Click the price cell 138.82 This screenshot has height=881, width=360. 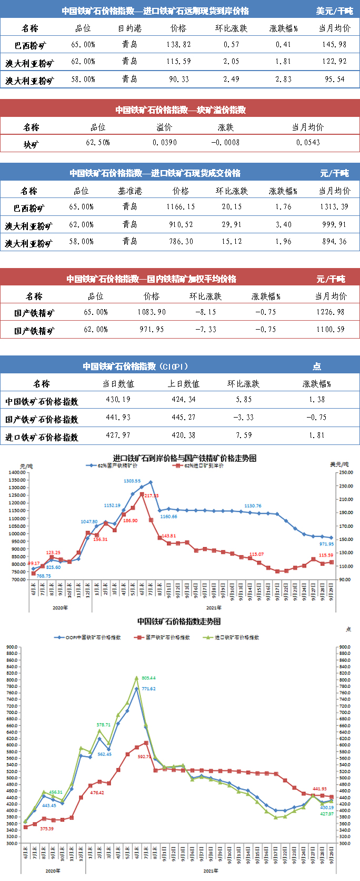[x=178, y=45]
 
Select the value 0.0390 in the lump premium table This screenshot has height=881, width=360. [x=165, y=142]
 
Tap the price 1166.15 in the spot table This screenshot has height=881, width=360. [x=181, y=207]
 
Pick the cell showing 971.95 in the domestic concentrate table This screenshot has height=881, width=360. [x=152, y=329]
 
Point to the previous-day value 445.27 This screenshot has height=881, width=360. [x=183, y=417]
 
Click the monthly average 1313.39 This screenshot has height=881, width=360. [x=334, y=207]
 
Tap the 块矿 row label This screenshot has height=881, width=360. [x=31, y=143]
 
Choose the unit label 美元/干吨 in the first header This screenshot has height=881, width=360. [x=334, y=11]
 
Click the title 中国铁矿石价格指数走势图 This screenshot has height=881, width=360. [x=179, y=621]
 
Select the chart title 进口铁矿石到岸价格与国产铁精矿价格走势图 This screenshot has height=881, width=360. [x=185, y=458]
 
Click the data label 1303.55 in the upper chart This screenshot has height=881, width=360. [x=132, y=481]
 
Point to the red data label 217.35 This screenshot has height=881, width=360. [x=151, y=496]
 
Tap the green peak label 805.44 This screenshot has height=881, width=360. [x=148, y=678]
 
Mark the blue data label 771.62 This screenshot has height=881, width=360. [x=148, y=689]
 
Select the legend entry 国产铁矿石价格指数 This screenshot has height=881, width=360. [x=168, y=637]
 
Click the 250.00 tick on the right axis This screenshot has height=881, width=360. [x=346, y=472]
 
